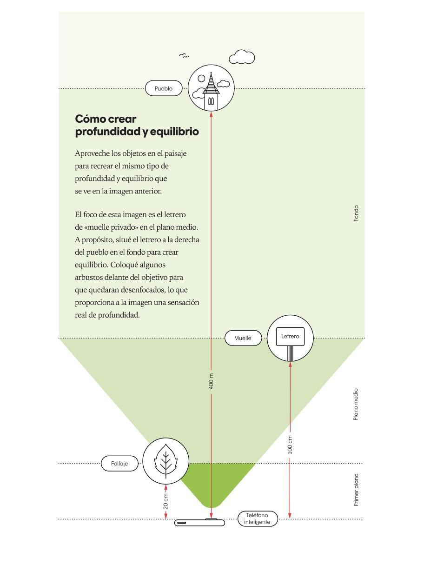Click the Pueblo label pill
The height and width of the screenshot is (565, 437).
pyautogui.click(x=164, y=88)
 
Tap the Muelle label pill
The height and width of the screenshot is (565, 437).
pyautogui.click(x=243, y=338)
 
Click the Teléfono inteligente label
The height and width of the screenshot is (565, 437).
pyautogui.click(x=258, y=518)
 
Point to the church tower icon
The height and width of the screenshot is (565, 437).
pyautogui.click(x=211, y=92)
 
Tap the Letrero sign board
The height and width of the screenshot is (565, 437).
pyautogui.click(x=290, y=337)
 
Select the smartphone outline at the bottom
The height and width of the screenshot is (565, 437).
pyautogui.click(x=199, y=522)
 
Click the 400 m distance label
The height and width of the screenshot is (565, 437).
pyautogui.click(x=211, y=381)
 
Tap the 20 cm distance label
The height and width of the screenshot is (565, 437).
pyautogui.click(x=166, y=501)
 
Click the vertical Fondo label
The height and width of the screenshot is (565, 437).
pyautogui.click(x=356, y=213)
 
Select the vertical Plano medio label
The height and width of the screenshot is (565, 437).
pyautogui.click(x=356, y=404)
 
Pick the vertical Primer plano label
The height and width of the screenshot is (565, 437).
pyautogui.click(x=356, y=490)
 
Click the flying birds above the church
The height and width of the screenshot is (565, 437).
pyautogui.click(x=184, y=56)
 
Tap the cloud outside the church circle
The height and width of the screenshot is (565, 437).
pyautogui.click(x=242, y=57)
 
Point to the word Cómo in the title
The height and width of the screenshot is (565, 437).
pyautogui.click(x=90, y=119)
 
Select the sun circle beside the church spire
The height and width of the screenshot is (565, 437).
pyautogui.click(x=201, y=78)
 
